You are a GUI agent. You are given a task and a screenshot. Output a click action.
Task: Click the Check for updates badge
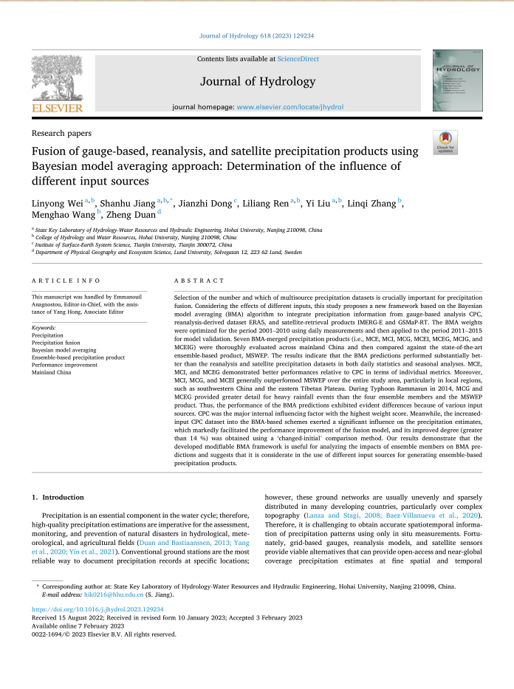(x=445, y=142)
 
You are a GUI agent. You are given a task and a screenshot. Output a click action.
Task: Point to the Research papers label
(x=62, y=134)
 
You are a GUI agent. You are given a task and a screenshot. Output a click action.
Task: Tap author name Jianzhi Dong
(x=210, y=202)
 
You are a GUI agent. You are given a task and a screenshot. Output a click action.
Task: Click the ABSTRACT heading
(x=199, y=281)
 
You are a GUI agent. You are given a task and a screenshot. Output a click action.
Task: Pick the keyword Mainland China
(x=52, y=373)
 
